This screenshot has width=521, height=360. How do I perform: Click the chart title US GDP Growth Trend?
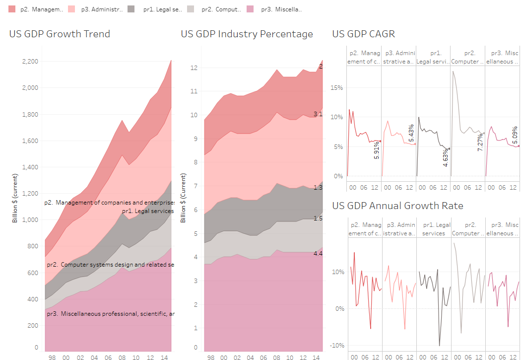click(x=60, y=34)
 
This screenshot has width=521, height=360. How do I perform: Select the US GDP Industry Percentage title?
click(x=247, y=34)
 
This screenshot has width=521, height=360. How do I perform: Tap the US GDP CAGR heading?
click(x=363, y=34)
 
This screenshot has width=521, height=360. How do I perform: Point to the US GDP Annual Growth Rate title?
click(x=397, y=206)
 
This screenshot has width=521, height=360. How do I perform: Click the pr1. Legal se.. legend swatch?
click(x=131, y=9)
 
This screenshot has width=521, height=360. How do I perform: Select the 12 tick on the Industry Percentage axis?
click(x=195, y=68)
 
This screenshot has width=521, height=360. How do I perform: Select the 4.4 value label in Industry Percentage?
click(x=318, y=254)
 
